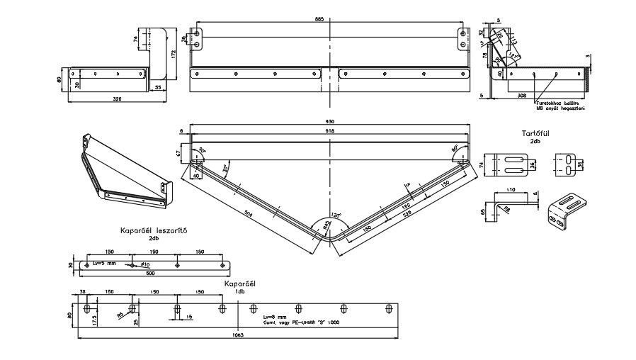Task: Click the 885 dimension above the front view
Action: tap(319, 19)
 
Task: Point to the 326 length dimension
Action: tap(118, 100)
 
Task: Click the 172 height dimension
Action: tap(174, 54)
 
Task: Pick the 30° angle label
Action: tap(225, 169)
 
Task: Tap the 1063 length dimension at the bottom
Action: tap(239, 335)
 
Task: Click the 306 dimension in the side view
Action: tap(541, 94)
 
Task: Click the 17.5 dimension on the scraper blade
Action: tap(95, 320)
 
